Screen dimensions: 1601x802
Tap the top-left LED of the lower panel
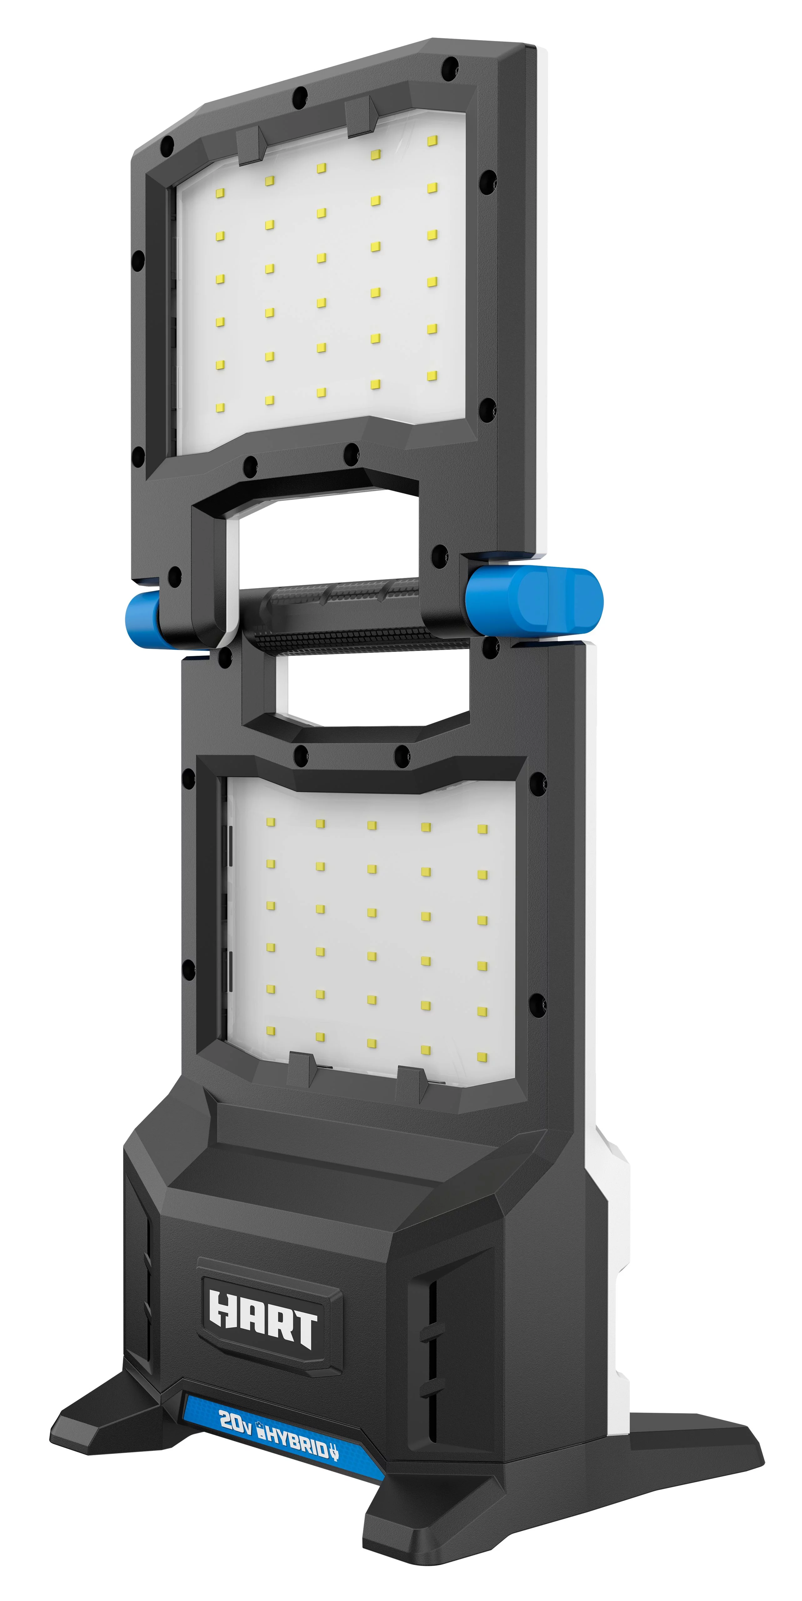(271, 822)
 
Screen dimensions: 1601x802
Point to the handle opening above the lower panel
(373, 690)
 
